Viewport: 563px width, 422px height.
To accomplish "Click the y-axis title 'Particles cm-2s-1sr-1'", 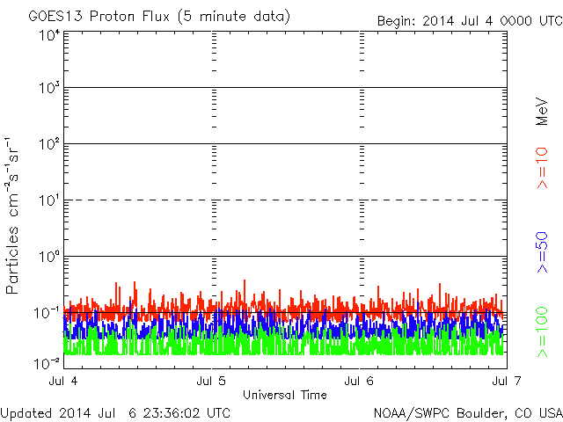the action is pos(11,215).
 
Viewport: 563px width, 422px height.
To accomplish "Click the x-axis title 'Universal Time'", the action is pos(285,395).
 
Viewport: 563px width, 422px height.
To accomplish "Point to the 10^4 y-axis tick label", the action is pos(49,35).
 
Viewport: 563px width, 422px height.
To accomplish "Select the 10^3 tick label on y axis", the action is pos(49,87).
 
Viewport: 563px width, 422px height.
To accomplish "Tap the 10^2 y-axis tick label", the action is pos(49,143).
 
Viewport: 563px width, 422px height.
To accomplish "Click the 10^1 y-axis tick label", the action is pos(49,200).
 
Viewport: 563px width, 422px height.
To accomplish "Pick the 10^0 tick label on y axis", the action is pos(49,256).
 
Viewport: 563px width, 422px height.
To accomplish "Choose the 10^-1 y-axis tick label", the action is pos(47,313).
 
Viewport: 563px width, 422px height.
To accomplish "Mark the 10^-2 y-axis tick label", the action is pos(47,363).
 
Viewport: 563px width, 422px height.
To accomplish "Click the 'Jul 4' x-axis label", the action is pos(63,381).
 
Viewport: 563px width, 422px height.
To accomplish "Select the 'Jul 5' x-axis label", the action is pos(211,381).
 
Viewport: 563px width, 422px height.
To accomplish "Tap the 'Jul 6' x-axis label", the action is pos(359,381).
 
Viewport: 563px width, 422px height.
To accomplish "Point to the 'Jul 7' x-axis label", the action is pos(507,381).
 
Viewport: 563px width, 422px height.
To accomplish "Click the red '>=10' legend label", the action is pos(542,168).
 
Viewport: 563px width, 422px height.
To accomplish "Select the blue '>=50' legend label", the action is pos(542,252).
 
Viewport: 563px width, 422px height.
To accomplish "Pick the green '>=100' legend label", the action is pos(542,332).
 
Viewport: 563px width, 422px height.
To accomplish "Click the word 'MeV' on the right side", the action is pos(542,112).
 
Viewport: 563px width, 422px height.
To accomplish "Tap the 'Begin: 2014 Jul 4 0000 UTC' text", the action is pos(470,21).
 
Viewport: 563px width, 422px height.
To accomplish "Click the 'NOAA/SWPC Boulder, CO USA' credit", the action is pos(468,413).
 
